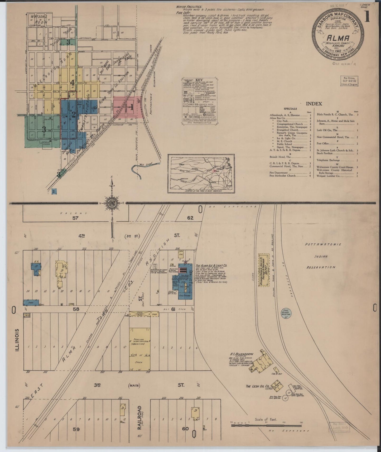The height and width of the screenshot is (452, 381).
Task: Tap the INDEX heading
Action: (314, 104)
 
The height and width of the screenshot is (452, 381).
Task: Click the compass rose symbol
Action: (113, 203)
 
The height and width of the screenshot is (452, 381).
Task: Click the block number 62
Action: (190, 218)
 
